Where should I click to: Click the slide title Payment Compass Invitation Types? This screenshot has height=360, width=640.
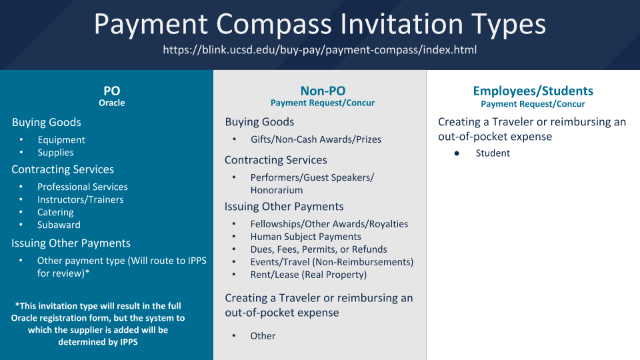[319, 24]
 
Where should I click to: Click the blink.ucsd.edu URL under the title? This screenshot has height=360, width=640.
[319, 50]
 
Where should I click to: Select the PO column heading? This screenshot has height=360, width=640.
[111, 91]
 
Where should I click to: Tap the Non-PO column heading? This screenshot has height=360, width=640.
[323, 91]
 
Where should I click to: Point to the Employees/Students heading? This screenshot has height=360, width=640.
[533, 91]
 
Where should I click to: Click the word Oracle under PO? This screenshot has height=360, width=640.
[111, 103]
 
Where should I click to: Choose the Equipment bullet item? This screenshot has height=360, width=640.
[61, 139]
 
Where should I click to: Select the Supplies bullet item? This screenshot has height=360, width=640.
[55, 152]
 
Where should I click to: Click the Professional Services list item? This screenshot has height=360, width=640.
[83, 187]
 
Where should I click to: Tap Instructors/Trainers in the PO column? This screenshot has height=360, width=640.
[81, 199]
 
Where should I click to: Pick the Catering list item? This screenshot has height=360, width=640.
[55, 212]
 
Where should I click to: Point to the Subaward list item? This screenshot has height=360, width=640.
[59, 225]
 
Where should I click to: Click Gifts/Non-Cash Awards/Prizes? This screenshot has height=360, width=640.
[316, 139]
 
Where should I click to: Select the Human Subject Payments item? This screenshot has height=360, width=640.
[306, 236]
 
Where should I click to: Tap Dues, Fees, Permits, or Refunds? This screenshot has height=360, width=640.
[319, 249]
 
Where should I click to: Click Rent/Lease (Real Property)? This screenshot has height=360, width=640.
[309, 275]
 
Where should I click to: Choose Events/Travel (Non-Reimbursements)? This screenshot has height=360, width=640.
[332, 262]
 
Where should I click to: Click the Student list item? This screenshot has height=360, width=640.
[493, 153]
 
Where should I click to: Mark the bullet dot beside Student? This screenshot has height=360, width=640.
[457, 153]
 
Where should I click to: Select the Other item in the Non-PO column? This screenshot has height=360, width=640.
[263, 336]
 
